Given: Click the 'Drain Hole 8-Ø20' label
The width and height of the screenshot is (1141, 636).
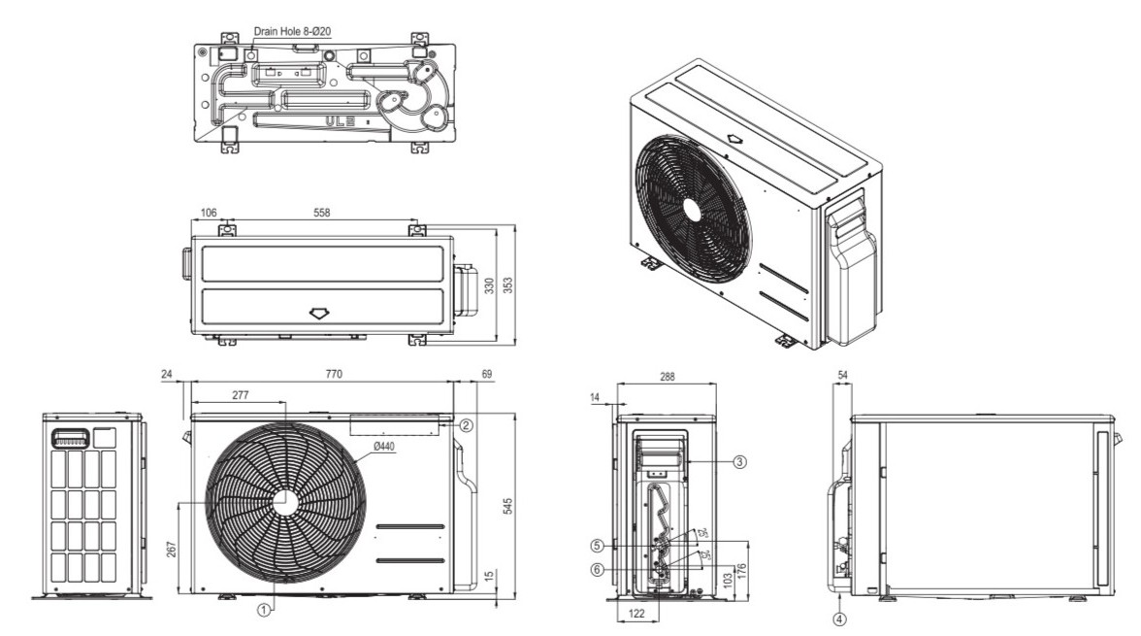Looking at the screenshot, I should point(294,31).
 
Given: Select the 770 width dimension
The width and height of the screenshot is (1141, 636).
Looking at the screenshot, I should point(334,374).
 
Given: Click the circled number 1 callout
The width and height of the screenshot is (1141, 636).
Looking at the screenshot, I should point(262,610).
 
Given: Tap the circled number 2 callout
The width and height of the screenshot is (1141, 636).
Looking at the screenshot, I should point(467,425).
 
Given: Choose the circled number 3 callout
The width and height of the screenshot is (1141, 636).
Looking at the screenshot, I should point(739,462).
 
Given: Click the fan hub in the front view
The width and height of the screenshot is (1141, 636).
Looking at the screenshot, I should point(284,501).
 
